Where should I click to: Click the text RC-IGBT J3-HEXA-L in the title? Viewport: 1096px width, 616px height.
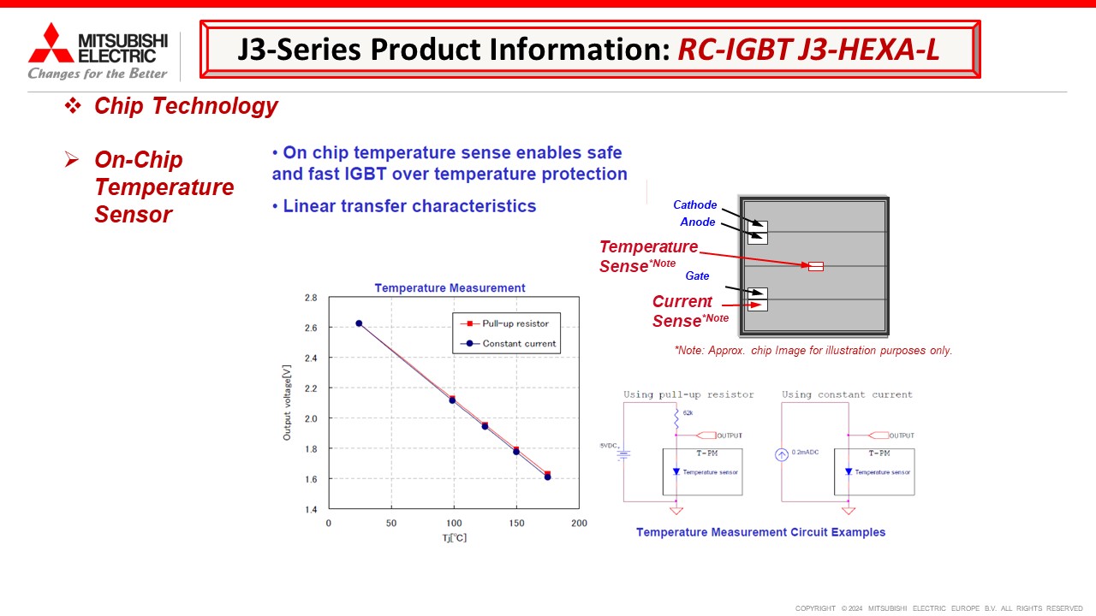tap(808, 50)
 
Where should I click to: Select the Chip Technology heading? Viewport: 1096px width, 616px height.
tap(186, 106)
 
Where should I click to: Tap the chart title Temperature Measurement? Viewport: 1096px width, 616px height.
tap(450, 288)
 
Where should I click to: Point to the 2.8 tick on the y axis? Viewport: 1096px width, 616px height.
tap(311, 298)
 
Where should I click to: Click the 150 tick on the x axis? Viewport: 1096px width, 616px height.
tap(516, 523)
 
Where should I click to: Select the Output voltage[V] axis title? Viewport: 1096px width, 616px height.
tap(288, 403)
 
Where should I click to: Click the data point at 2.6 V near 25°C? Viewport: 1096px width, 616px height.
tap(359, 323)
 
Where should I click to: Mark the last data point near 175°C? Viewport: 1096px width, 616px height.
tap(547, 477)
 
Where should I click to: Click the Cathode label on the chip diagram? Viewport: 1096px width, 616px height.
tap(694, 205)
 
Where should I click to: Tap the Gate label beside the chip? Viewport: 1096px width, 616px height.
tap(697, 276)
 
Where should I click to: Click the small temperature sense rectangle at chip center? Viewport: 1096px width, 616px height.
tap(816, 267)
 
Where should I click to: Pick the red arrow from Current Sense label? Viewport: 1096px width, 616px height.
tap(742, 305)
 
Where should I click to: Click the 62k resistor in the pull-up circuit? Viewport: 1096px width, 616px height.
tap(676, 420)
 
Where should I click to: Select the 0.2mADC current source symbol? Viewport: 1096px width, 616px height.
tap(781, 454)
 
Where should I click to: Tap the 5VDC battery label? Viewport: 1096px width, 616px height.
tap(610, 446)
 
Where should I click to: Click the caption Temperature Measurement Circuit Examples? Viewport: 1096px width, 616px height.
tap(760, 532)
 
